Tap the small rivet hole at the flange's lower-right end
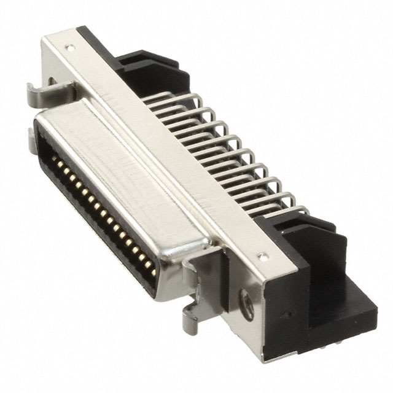pos(265,254)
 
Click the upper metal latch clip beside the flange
pos(45,92)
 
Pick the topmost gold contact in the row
pos(54,158)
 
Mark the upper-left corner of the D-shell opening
pos(38,126)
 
